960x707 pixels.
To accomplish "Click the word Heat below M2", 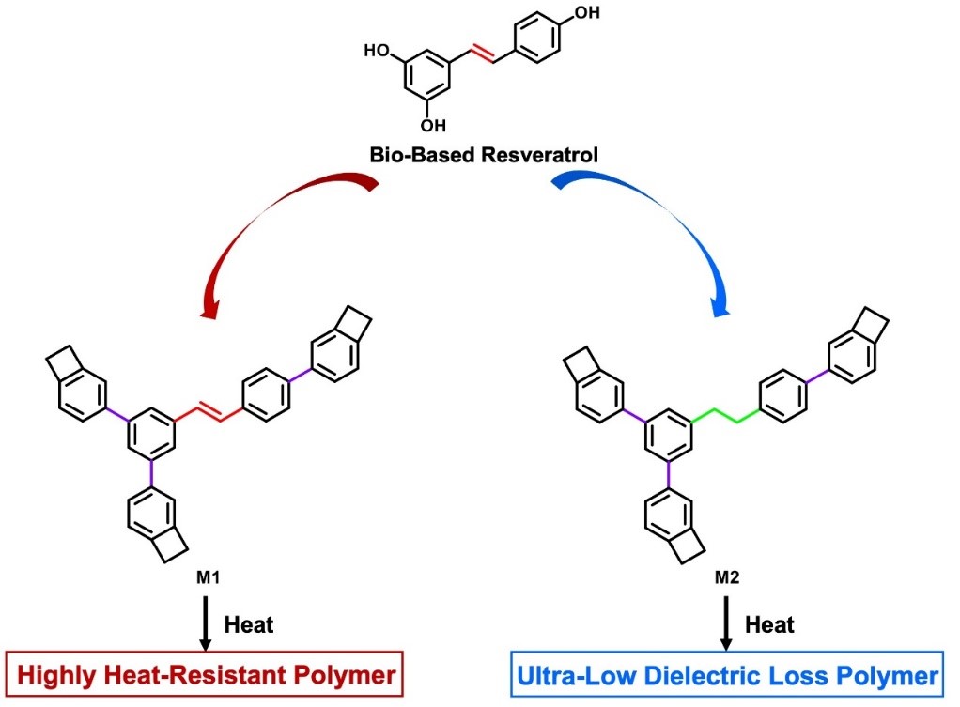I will (770, 624).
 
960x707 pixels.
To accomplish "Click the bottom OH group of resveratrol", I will (430, 124).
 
